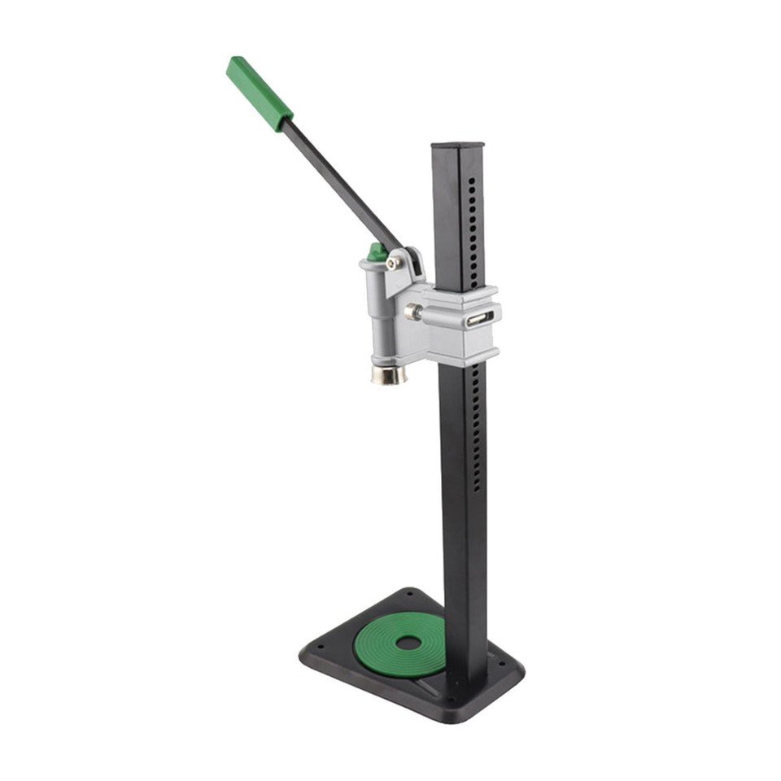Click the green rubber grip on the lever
click(x=259, y=93)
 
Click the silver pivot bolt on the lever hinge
click(x=393, y=263)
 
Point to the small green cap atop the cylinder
click(x=376, y=252)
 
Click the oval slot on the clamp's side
click(x=479, y=320)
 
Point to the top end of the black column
click(x=456, y=147)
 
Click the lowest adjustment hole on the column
click(x=478, y=486)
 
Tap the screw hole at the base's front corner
click(x=445, y=700)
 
